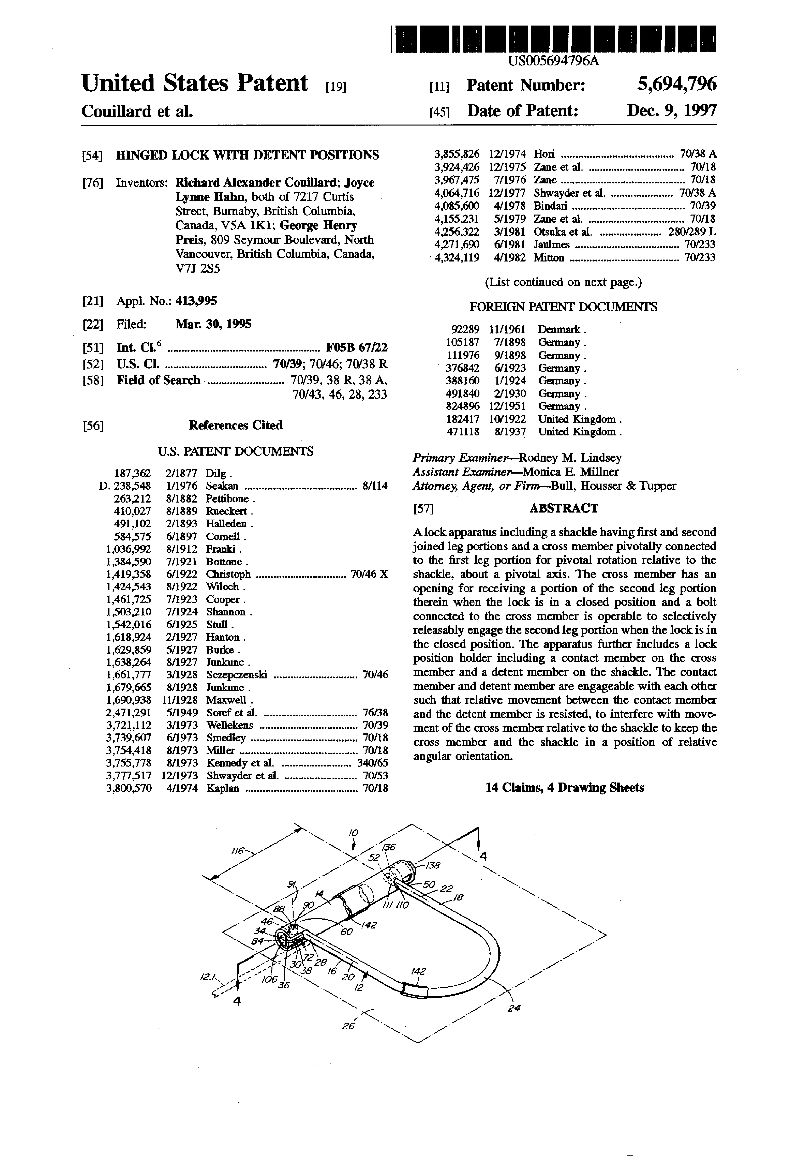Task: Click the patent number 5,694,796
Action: tap(676, 84)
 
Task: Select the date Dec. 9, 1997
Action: tap(672, 110)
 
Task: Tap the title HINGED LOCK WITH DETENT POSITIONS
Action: tap(247, 155)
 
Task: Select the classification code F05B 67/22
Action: tap(356, 348)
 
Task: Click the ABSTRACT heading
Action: tap(564, 508)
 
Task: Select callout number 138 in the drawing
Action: tap(432, 865)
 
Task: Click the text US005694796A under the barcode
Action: tap(553, 62)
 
